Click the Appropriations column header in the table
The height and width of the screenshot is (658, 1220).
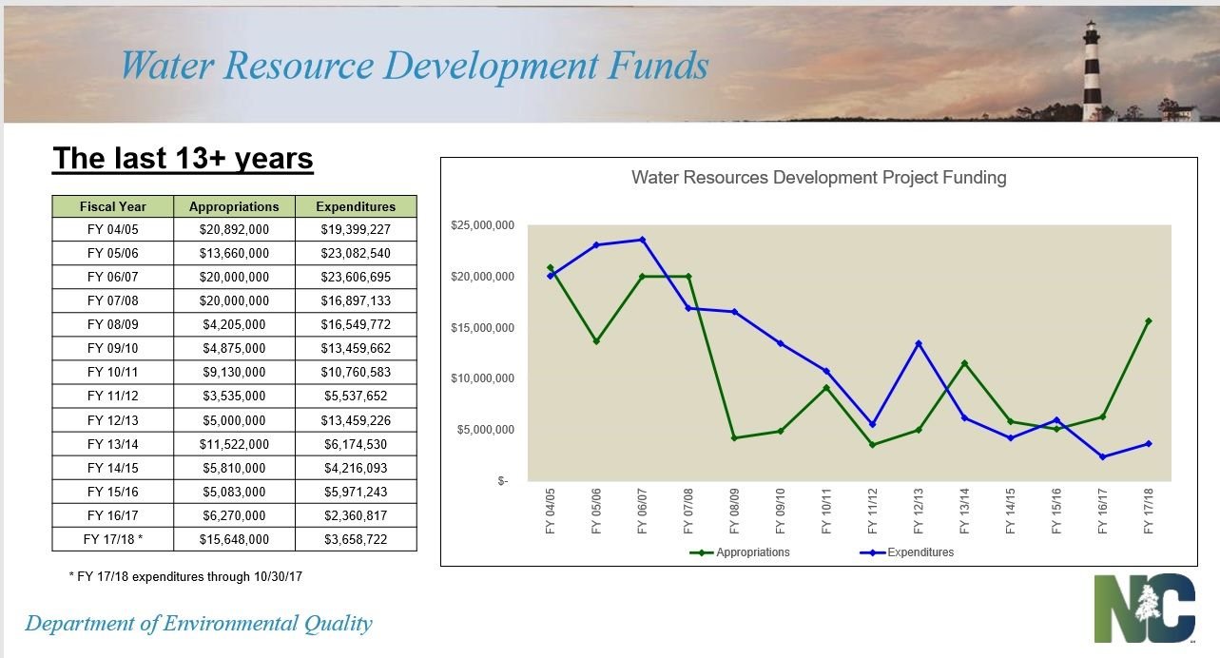pyautogui.click(x=234, y=206)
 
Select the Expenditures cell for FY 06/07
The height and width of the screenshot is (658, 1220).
pyautogui.click(x=356, y=277)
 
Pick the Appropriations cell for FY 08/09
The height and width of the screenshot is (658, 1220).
pyautogui.click(x=234, y=324)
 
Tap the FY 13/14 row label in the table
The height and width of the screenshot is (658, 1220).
pyautogui.click(x=113, y=444)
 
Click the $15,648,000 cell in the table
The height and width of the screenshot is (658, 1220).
pyautogui.click(x=234, y=539)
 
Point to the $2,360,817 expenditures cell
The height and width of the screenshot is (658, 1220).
pyautogui.click(x=356, y=515)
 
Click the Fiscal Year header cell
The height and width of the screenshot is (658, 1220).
pyautogui.click(x=113, y=206)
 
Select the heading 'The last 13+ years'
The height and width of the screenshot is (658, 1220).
pyautogui.click(x=183, y=159)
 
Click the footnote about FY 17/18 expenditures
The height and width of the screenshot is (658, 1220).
pyautogui.click(x=185, y=576)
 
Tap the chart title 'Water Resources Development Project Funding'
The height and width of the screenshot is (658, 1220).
pyautogui.click(x=819, y=178)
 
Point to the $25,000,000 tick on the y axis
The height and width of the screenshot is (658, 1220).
pyautogui.click(x=482, y=225)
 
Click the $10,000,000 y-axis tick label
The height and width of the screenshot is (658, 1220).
pyautogui.click(x=482, y=378)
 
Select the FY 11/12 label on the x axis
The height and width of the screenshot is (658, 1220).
pyautogui.click(x=872, y=511)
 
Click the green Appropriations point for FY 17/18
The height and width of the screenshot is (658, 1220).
pyautogui.click(x=1149, y=321)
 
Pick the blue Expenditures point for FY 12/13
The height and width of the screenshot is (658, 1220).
pyautogui.click(x=919, y=343)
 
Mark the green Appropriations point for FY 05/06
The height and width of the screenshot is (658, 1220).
pyautogui.click(x=596, y=341)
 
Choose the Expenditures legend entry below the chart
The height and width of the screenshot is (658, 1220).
pyautogui.click(x=907, y=552)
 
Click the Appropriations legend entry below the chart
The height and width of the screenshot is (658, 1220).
pyautogui.click(x=740, y=552)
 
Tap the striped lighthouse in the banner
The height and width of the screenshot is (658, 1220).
pyautogui.click(x=1091, y=69)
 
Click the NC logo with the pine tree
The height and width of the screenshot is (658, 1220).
pyautogui.click(x=1145, y=608)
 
